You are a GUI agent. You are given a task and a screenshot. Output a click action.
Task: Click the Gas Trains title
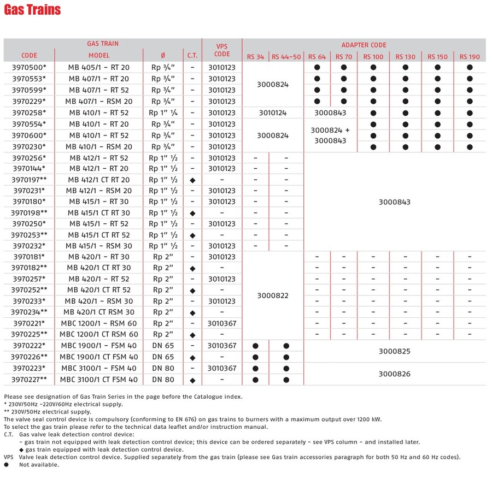coord(33,10)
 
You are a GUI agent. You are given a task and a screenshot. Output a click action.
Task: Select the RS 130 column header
coord(405,56)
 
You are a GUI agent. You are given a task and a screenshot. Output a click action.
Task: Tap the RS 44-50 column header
coord(286,56)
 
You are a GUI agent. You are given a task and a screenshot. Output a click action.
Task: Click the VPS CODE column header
coord(222,50)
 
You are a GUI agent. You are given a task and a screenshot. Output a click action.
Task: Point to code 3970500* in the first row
coord(30,68)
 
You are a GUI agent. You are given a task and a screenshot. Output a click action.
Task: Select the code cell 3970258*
coord(30,113)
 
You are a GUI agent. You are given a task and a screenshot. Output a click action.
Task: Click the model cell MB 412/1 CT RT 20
coord(99,180)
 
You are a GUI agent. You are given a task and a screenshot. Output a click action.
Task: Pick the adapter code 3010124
coord(271,113)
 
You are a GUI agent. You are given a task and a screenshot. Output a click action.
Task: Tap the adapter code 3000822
coord(271,295)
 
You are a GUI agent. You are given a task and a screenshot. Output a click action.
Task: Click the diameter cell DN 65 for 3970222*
coord(163,346)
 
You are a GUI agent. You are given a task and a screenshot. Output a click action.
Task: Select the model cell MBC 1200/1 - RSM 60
coord(99,323)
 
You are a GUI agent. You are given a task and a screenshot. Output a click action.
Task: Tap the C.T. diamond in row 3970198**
coord(192,213)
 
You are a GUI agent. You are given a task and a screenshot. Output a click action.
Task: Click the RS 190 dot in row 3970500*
coord(470,68)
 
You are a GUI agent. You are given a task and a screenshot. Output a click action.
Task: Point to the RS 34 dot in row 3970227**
coord(255,380)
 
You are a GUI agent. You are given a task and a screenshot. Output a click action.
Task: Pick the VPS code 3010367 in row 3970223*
coord(222,368)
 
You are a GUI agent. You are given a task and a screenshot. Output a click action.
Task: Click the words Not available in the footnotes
coord(39,465)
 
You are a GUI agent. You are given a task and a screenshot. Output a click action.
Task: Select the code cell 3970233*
coord(30,301)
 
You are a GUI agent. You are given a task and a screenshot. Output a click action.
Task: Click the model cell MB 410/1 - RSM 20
coord(99,146)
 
